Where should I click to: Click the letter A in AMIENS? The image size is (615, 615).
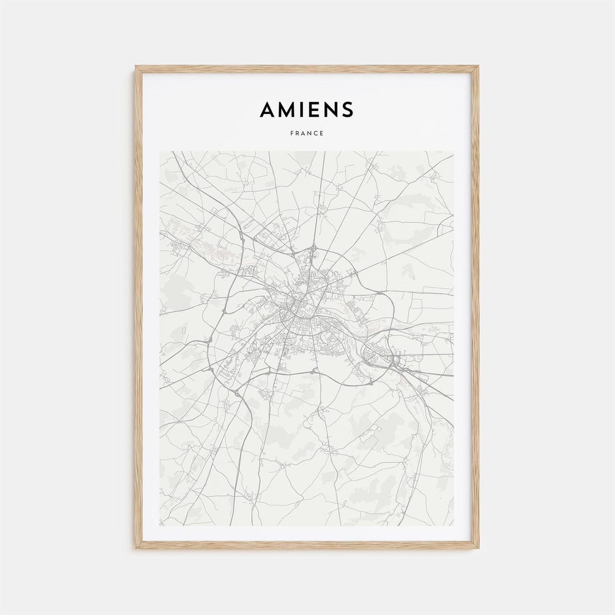tap(268, 109)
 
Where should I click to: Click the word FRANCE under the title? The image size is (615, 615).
tap(307, 133)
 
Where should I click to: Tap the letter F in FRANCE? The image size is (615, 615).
tap(292, 133)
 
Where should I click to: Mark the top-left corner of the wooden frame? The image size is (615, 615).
tap(136, 67)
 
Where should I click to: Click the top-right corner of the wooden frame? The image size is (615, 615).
tap(478, 67)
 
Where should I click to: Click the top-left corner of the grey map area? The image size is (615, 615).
tap(160, 151)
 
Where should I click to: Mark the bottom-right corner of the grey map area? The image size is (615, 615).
tap(454, 526)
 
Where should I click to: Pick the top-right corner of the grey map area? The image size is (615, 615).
tap(454, 151)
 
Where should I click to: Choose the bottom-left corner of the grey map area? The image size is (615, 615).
tap(160, 526)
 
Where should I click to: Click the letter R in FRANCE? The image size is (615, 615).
tap(297, 133)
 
